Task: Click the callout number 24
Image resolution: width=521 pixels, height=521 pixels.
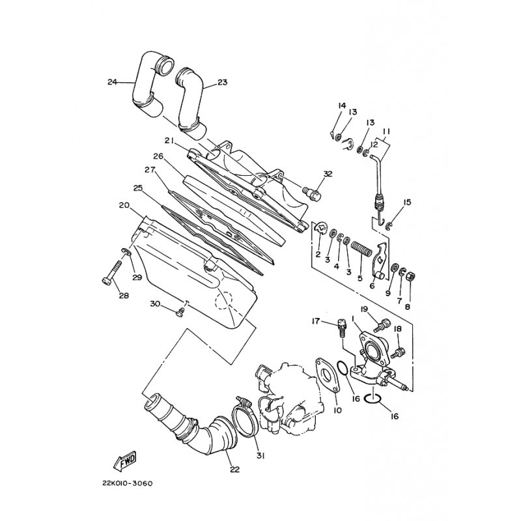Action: (x=112, y=82)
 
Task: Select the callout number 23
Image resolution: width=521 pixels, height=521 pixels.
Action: (x=222, y=83)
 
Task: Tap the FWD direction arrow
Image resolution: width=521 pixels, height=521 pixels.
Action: (x=125, y=462)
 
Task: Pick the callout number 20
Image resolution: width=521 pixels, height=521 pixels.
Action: (x=123, y=205)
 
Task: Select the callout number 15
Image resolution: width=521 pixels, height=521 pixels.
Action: (x=407, y=203)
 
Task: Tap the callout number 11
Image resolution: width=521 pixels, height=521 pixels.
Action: (x=386, y=131)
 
